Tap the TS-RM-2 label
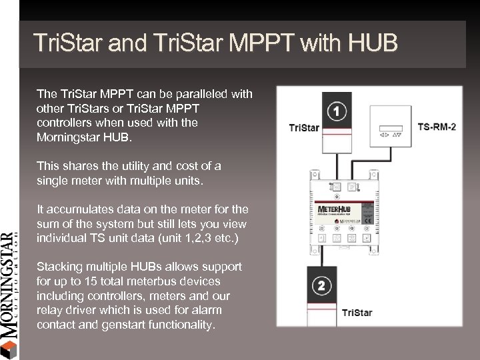437,126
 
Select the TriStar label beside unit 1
303,127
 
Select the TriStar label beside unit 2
357,313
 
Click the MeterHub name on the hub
335,209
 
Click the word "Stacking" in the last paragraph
59,267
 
